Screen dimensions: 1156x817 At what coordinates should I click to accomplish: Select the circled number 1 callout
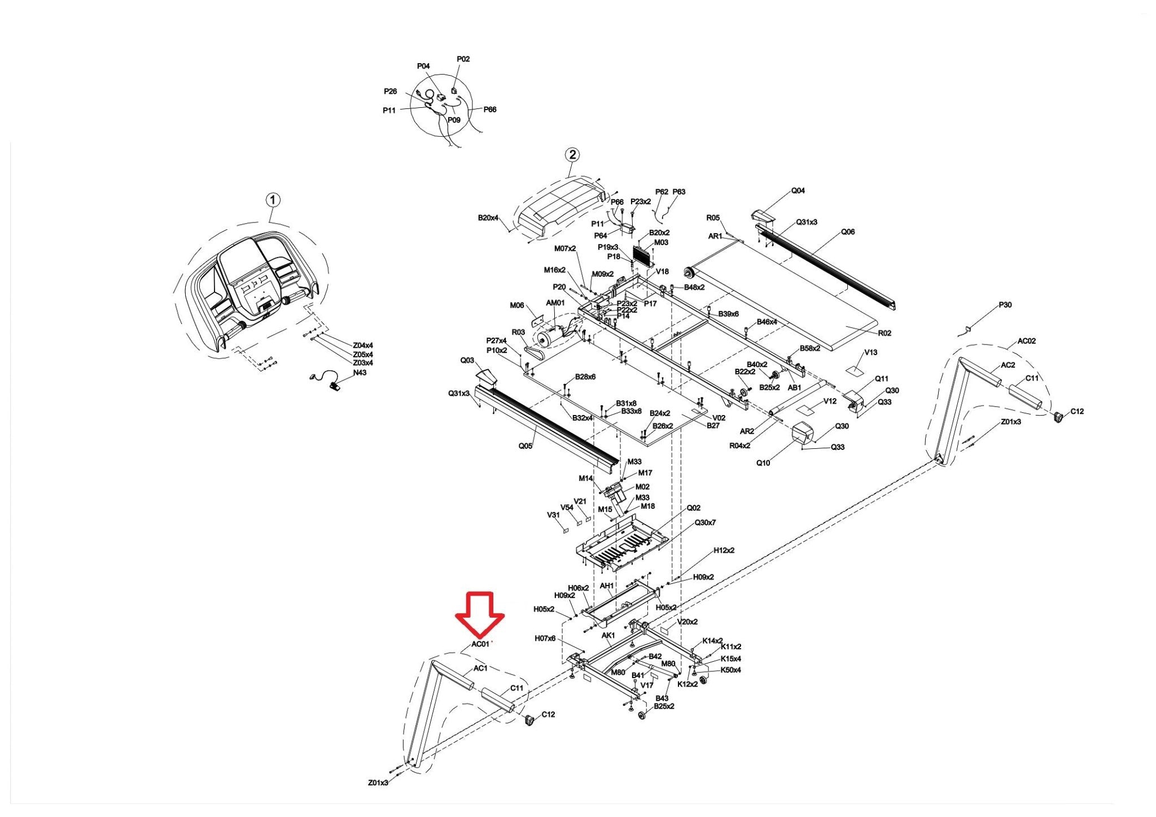tap(273, 200)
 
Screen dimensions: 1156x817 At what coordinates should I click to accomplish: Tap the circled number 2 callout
tap(572, 155)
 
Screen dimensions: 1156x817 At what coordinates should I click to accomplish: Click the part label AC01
tap(480, 644)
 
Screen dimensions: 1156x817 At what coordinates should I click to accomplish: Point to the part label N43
tap(360, 373)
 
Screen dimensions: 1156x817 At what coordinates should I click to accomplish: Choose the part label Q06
tap(848, 231)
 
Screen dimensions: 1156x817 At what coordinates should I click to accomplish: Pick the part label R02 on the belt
tap(884, 333)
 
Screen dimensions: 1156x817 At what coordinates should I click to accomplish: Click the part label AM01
tap(555, 303)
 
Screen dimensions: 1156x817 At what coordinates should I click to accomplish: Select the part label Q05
tap(525, 446)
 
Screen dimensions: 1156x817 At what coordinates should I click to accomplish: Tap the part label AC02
tap(1027, 341)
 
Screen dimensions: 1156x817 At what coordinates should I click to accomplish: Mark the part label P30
tap(1005, 305)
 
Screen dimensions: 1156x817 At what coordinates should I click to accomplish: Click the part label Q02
tap(693, 508)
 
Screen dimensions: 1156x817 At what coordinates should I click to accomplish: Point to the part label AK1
tap(608, 636)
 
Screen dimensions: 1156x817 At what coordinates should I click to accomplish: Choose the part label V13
tap(871, 352)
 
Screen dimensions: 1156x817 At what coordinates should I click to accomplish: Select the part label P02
tap(463, 59)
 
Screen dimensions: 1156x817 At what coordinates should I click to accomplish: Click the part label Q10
tap(763, 463)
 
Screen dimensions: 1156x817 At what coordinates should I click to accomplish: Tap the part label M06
tap(517, 305)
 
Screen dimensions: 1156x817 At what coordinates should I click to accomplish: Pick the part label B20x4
tap(488, 217)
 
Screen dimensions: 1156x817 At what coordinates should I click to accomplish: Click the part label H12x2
tap(724, 550)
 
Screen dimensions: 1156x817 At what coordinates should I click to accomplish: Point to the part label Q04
tap(798, 191)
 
